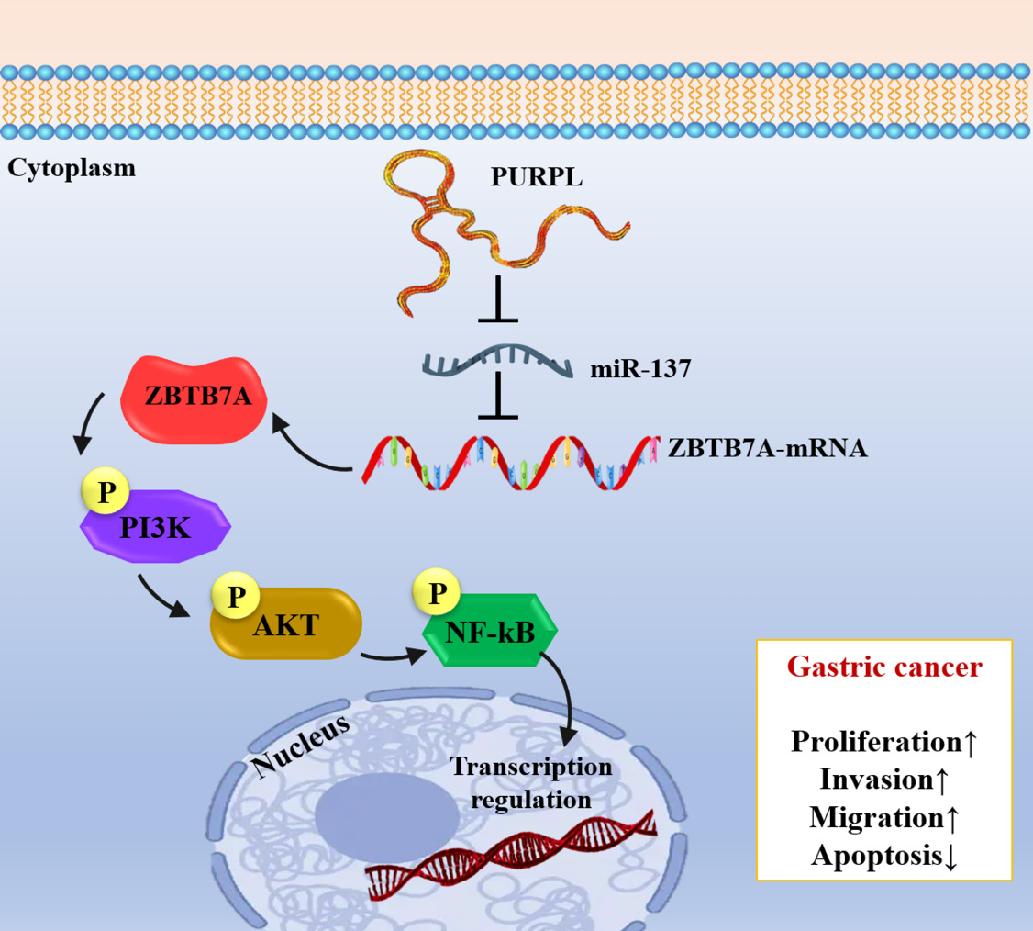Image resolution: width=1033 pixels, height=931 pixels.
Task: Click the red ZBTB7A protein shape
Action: pos(194,398)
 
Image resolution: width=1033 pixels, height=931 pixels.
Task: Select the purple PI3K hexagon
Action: pos(155,526)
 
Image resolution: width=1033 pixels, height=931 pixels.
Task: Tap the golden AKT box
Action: pos(286,623)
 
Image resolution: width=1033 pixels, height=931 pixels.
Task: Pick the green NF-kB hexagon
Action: pos(490,631)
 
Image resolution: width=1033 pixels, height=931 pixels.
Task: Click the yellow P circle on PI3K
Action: pos(106,491)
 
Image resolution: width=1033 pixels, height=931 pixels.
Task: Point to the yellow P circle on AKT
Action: pos(236,595)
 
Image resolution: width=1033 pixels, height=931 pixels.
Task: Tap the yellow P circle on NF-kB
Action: pos(437,592)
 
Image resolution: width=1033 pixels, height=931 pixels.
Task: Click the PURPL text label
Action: pos(537,176)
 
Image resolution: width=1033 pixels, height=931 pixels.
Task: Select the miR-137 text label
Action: pos(640,368)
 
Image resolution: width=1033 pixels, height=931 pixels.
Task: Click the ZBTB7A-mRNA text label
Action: pos(768,448)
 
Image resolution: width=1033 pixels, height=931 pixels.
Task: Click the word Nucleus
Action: pos(300,745)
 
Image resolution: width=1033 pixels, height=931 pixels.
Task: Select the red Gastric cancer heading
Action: pos(884,667)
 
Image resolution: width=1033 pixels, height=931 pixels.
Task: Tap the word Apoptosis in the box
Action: pos(877,856)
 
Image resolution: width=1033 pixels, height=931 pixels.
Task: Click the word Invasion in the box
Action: pos(876,780)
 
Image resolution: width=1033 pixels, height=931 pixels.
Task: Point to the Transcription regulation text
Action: pos(531,783)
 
